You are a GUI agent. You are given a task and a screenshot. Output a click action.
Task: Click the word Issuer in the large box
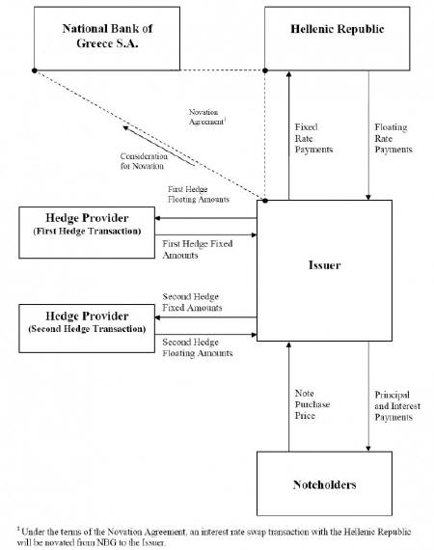pyautogui.click(x=324, y=264)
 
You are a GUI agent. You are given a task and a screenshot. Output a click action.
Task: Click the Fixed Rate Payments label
pyautogui.click(x=313, y=138)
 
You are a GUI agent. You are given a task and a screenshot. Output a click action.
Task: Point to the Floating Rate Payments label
pyautogui.click(x=393, y=138)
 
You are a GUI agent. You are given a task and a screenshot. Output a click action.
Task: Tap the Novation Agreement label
pyautogui.click(x=207, y=117)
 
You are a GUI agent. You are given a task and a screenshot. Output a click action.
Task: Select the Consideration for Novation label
pyautogui.click(x=144, y=161)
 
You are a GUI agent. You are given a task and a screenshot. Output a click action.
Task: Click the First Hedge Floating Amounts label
pyautogui.click(x=199, y=194)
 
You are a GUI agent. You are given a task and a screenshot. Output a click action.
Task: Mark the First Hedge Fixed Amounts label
pyautogui.click(x=198, y=249)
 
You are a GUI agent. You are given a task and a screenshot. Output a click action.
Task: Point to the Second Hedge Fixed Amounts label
pyautogui.click(x=192, y=302)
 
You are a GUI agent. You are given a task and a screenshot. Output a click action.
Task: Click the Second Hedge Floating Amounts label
pyautogui.click(x=198, y=347)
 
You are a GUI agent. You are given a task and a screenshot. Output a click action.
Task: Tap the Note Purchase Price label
pyautogui.click(x=312, y=404)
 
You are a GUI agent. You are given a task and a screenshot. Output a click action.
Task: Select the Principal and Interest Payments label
pyautogui.click(x=397, y=406)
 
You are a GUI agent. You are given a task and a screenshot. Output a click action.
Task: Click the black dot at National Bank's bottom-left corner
pyautogui.click(x=35, y=70)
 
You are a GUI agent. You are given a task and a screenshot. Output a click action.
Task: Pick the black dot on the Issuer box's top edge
pyautogui.click(x=265, y=201)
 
